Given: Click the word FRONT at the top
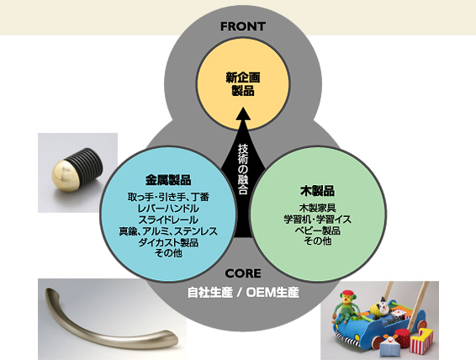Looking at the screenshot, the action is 243,26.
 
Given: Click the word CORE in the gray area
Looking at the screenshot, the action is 243,273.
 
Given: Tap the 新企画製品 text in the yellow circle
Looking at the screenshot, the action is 243,84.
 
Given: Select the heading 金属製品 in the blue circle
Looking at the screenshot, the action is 168,180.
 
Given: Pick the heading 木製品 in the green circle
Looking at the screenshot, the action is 317,191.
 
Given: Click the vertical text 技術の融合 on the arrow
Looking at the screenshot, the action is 243,169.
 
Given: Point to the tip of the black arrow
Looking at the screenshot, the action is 243,107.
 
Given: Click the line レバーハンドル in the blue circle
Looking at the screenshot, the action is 168,209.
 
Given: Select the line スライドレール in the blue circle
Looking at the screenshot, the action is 168,220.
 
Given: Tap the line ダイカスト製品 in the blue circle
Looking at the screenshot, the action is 168,242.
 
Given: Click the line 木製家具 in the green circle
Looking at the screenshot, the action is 317,209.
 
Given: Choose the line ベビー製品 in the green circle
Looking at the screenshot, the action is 317,230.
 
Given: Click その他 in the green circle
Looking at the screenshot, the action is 317,241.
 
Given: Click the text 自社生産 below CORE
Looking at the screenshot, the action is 209,293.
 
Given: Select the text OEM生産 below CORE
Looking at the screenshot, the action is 272,293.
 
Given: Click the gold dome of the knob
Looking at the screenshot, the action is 65,175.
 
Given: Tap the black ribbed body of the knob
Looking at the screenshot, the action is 88,164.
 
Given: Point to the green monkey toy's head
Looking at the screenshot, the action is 348,299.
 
